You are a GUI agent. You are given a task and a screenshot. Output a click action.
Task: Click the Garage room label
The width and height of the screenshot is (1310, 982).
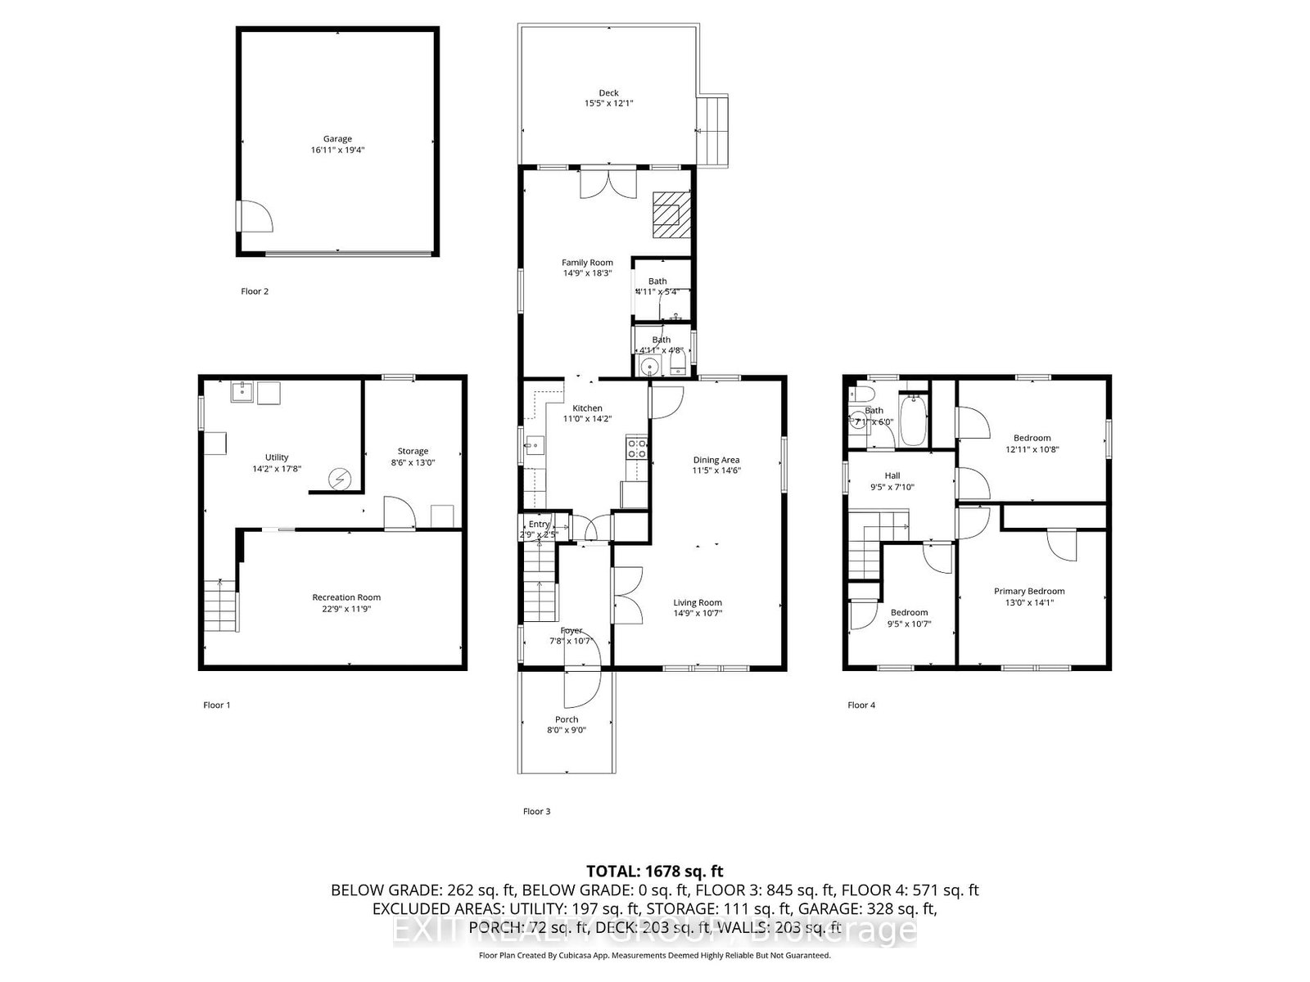(x=337, y=139)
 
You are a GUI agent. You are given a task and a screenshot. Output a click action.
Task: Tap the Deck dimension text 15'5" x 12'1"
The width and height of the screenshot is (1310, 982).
(x=608, y=104)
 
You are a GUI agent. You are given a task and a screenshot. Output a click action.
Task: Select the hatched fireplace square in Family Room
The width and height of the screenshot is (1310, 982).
(x=671, y=214)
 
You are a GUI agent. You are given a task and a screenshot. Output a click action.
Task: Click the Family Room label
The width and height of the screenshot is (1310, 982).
(x=587, y=263)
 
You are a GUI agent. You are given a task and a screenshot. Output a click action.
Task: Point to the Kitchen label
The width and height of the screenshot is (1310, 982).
(x=587, y=408)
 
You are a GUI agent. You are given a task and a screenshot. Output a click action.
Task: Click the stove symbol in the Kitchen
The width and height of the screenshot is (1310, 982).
(x=637, y=448)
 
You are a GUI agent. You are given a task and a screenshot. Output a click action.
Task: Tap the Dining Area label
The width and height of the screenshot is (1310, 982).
(x=716, y=460)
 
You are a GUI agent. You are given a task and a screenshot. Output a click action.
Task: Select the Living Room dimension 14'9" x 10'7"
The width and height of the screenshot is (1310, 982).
(x=698, y=613)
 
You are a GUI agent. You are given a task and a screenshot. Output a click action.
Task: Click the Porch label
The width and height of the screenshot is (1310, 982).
(x=566, y=719)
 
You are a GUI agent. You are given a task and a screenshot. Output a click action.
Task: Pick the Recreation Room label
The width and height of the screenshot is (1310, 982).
(x=346, y=597)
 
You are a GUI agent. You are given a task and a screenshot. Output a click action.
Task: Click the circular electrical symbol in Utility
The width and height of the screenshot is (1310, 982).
(x=337, y=479)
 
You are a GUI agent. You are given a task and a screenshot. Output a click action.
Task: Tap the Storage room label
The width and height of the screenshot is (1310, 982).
(x=413, y=451)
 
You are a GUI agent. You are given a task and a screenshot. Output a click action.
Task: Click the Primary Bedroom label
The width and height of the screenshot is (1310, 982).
(x=1029, y=591)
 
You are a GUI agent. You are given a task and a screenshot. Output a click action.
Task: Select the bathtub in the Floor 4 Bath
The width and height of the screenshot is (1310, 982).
(x=912, y=420)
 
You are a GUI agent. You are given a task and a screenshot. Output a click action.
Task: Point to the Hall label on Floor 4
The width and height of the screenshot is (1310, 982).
(x=892, y=475)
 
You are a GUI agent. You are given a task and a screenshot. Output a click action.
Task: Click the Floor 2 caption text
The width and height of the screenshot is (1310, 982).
(x=254, y=291)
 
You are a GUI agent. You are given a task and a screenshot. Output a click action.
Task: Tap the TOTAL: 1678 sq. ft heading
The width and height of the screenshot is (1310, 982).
(x=654, y=872)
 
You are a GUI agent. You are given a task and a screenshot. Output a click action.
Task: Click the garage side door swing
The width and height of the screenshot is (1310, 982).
(x=255, y=217)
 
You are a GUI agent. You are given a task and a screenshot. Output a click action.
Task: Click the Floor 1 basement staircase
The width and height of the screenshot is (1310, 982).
(x=219, y=606)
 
